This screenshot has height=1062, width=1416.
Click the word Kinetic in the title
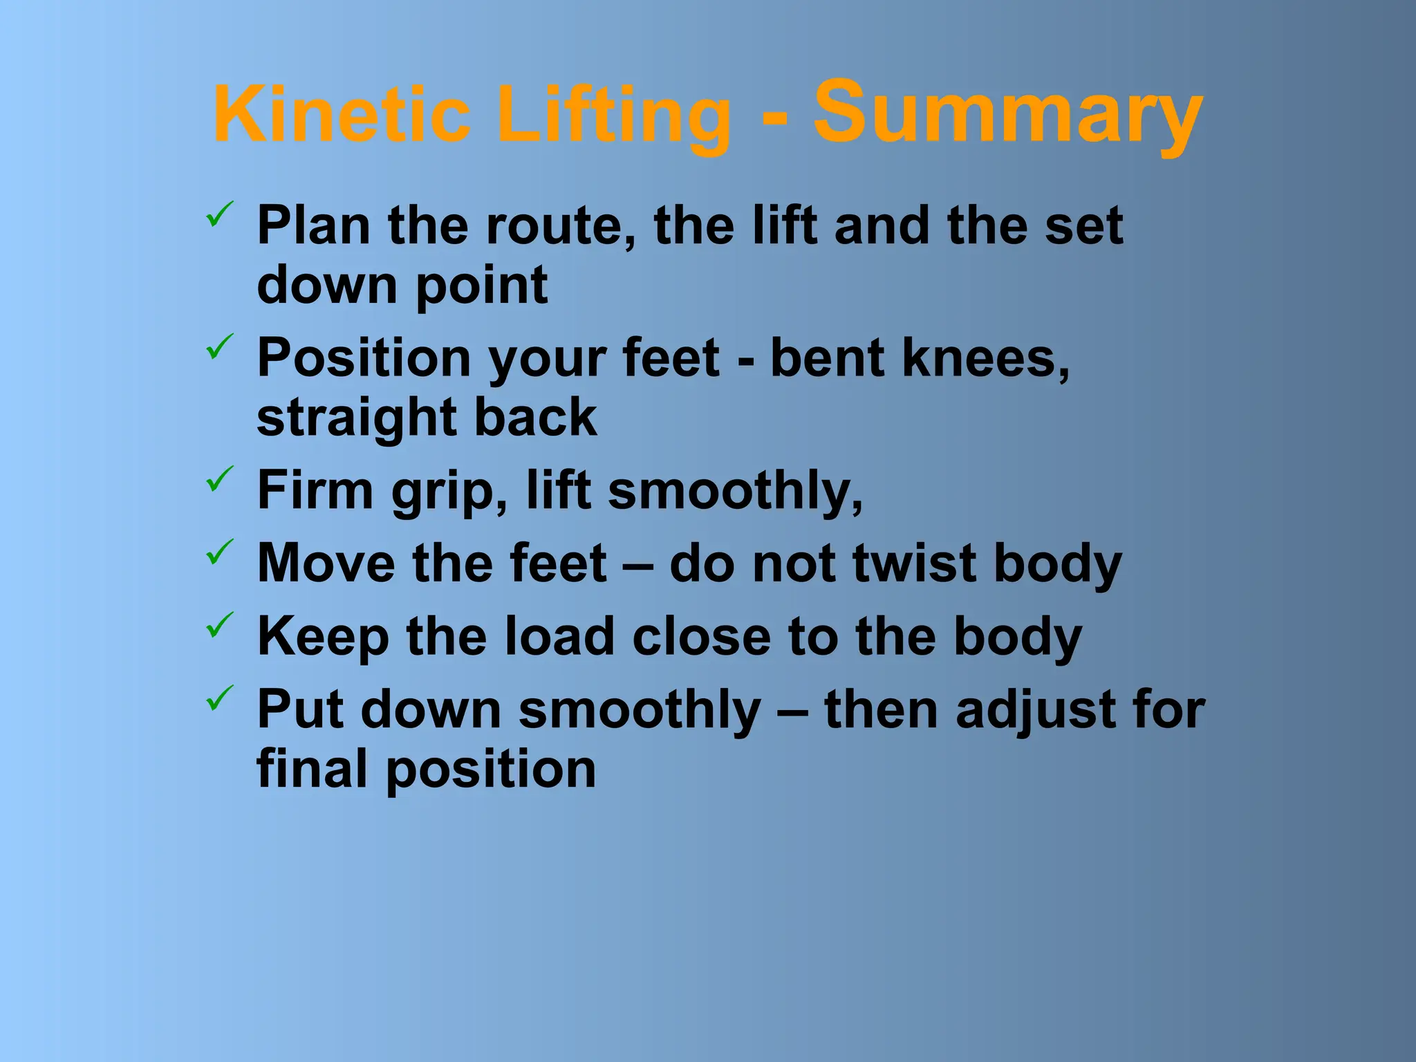pyautogui.click(x=342, y=115)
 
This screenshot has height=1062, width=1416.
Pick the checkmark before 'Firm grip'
pyautogui.click(x=220, y=478)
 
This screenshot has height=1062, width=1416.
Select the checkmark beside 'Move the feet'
pyautogui.click(x=220, y=552)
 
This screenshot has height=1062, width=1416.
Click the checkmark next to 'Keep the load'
pyautogui.click(x=220, y=625)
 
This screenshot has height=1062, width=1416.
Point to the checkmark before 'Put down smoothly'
pyautogui.click(x=220, y=698)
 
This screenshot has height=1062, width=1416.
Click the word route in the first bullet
pyautogui.click(x=560, y=226)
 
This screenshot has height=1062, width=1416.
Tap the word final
pyautogui.click(x=312, y=769)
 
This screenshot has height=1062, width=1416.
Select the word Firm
pyautogui.click(x=315, y=490)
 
